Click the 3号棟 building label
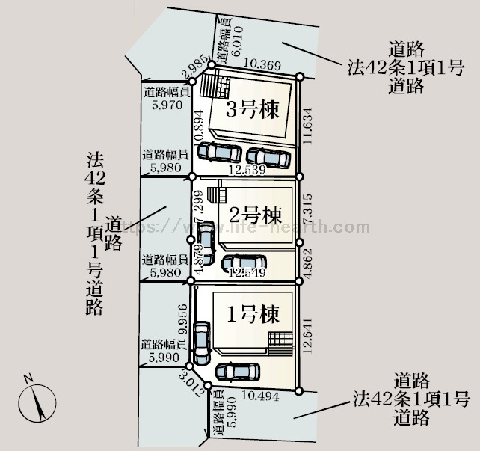click(253, 111)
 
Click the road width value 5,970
click(166, 106)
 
